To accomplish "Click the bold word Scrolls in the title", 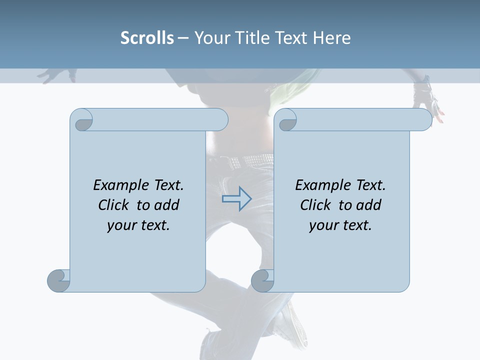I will [x=147, y=37].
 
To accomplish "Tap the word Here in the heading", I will [x=331, y=37].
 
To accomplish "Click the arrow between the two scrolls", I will [x=236, y=199].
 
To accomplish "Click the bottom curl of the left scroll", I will [x=59, y=280].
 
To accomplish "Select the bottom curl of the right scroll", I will [x=262, y=280].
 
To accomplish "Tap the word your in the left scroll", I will [x=121, y=225].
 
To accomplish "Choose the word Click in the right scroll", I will [x=315, y=205].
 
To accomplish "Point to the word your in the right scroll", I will [x=323, y=225].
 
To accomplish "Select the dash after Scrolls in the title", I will [x=183, y=37].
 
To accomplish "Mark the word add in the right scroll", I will [x=369, y=205].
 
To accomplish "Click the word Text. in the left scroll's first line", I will [x=167, y=185].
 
